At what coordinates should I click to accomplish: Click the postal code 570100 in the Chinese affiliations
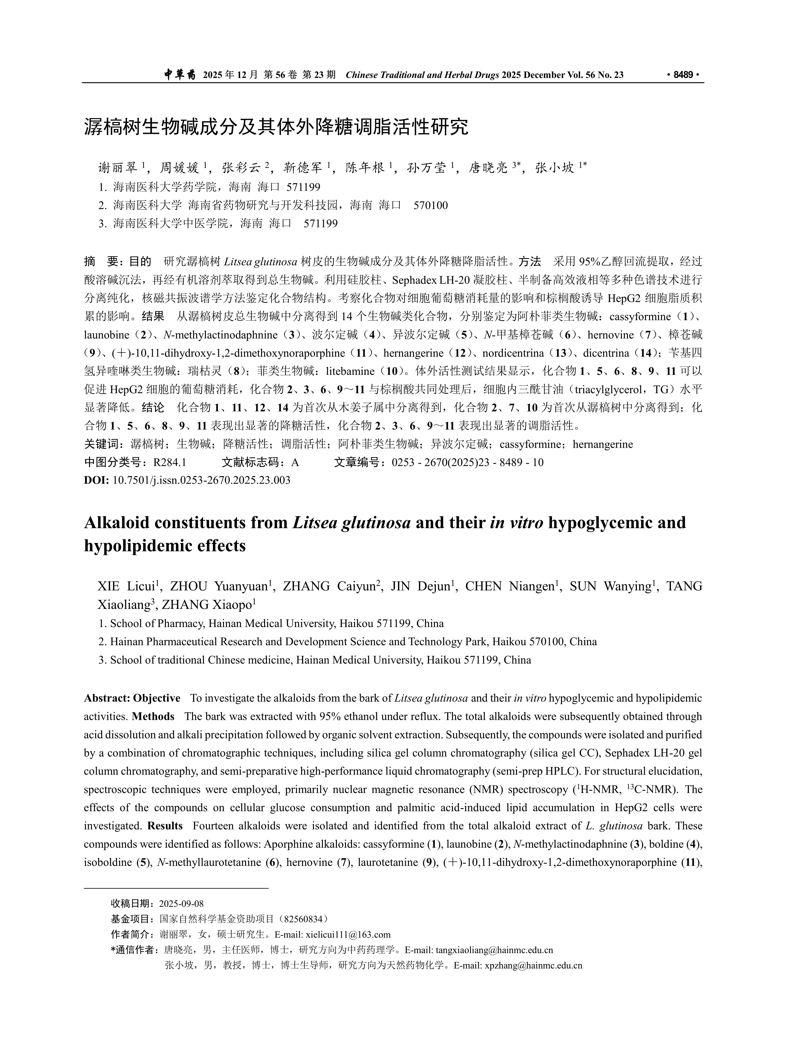pos(431,205)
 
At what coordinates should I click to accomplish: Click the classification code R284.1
pos(169,462)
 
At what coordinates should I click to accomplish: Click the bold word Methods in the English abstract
pos(153,717)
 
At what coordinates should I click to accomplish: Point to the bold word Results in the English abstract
pos(165,825)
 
